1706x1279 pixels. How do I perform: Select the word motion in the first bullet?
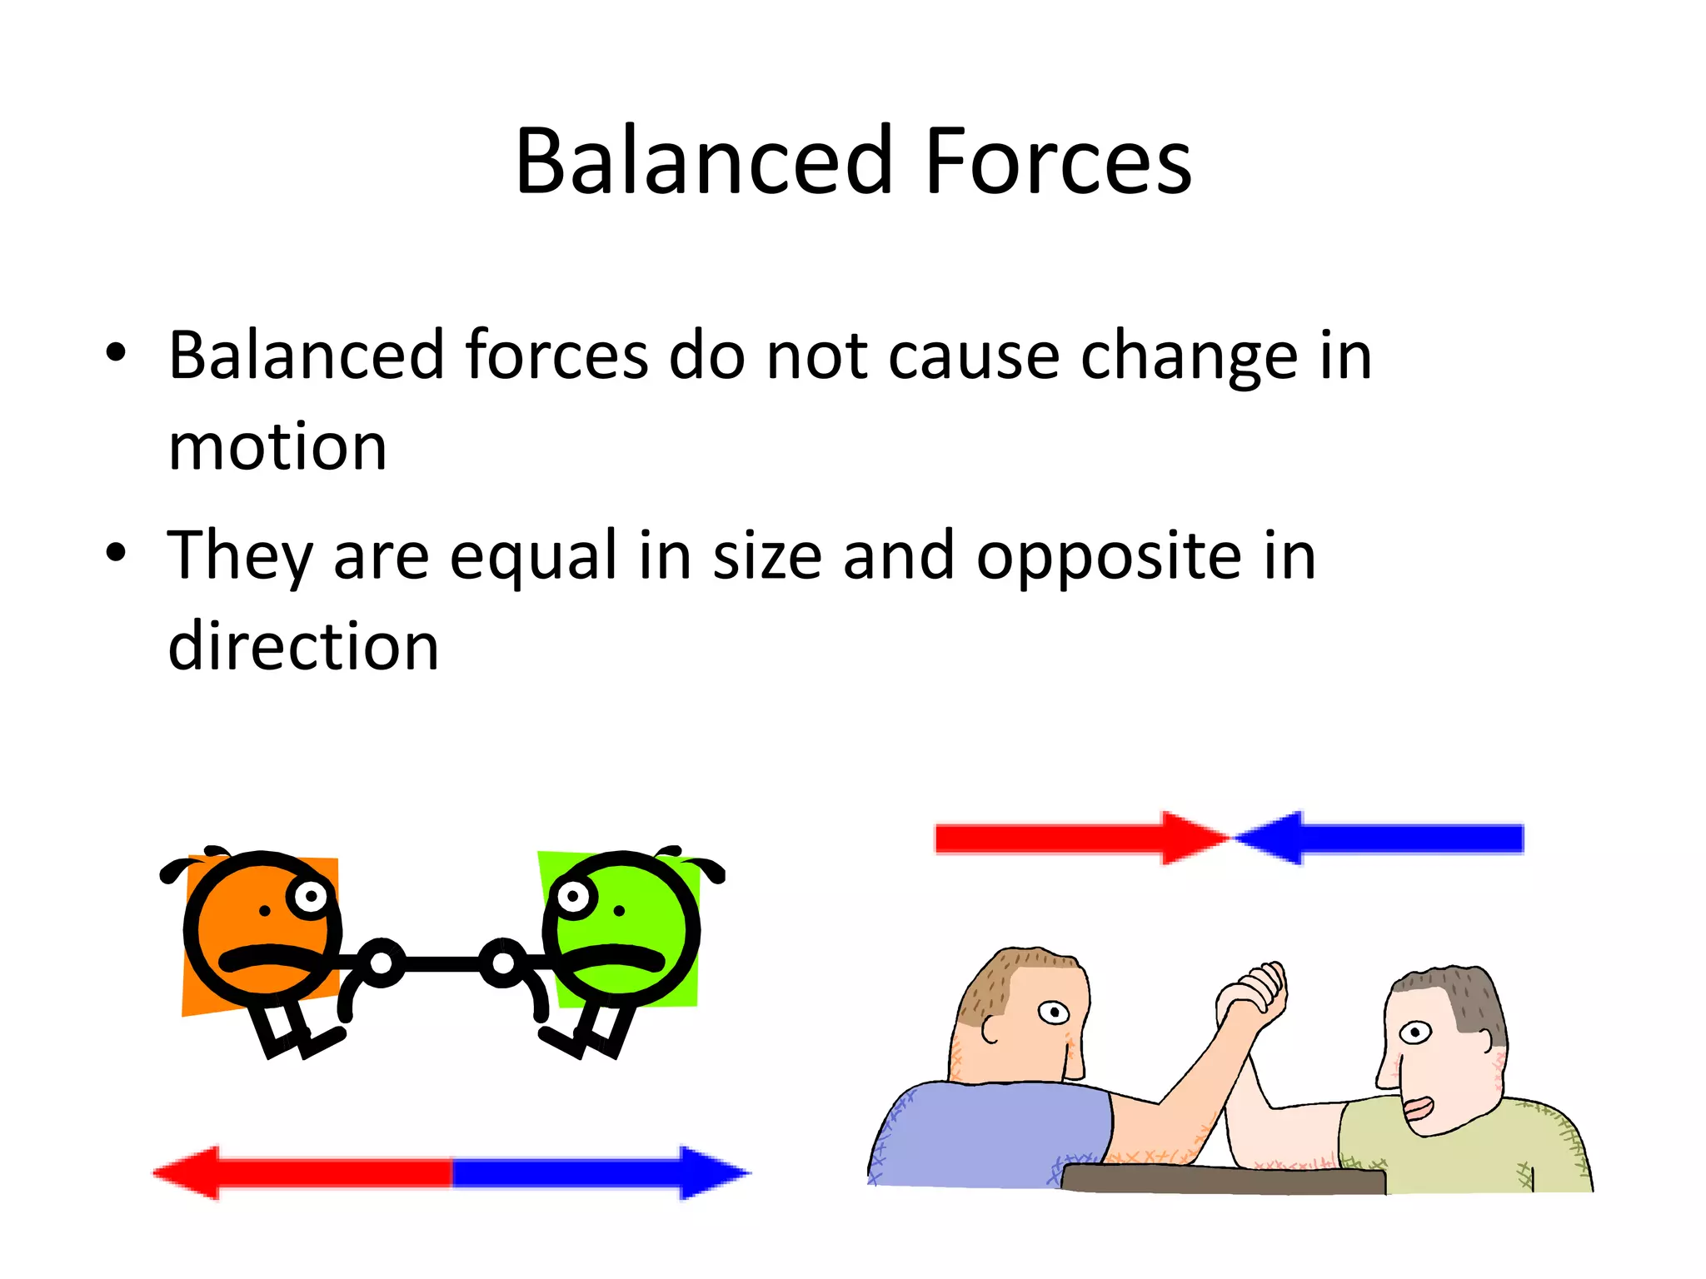pyautogui.click(x=277, y=447)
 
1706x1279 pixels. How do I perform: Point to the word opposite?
pyautogui.click(x=1109, y=556)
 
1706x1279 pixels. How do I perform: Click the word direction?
pyautogui.click(x=303, y=647)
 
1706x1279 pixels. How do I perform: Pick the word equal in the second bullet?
pyautogui.click(x=532, y=556)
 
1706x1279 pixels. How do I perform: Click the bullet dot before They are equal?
pyautogui.click(x=116, y=552)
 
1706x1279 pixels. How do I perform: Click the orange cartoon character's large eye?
pyautogui.click(x=311, y=897)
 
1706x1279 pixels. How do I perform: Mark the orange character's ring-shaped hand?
pyautogui.click(x=381, y=963)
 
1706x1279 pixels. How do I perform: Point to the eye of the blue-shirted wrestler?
pyautogui.click(x=1054, y=1013)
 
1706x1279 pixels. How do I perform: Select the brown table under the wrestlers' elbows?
pyautogui.click(x=1225, y=1179)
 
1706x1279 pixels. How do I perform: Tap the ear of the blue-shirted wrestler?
pyautogui.click(x=991, y=1028)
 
